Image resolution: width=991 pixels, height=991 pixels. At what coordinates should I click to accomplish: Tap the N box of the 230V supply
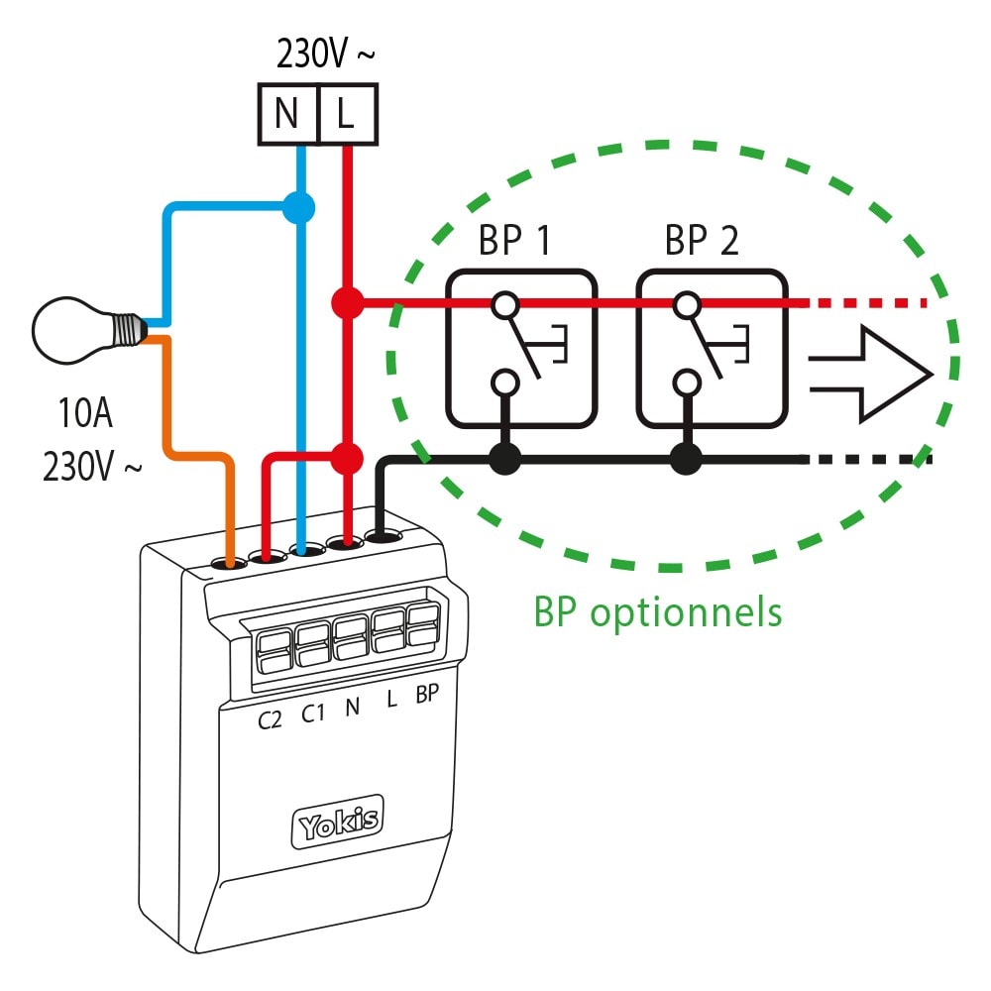click(287, 115)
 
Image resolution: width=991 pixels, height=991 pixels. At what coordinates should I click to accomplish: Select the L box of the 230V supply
click(346, 115)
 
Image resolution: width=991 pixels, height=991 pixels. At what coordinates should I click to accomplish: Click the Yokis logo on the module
click(337, 822)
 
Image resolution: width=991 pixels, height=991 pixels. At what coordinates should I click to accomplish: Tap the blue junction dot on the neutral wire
click(298, 207)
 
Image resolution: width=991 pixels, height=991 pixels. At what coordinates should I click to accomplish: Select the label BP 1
click(515, 241)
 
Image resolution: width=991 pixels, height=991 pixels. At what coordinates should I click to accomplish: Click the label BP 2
click(702, 241)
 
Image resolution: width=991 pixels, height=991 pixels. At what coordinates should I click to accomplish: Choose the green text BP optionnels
click(658, 611)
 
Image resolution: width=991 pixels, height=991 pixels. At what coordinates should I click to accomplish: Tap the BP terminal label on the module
click(426, 695)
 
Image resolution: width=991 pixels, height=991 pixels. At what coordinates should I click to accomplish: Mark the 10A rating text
click(84, 413)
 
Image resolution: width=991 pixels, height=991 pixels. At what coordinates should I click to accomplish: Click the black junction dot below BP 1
click(505, 458)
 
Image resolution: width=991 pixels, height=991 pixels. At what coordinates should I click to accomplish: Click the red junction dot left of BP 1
click(346, 302)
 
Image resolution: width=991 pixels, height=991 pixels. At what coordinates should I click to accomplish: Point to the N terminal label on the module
click(351, 707)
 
